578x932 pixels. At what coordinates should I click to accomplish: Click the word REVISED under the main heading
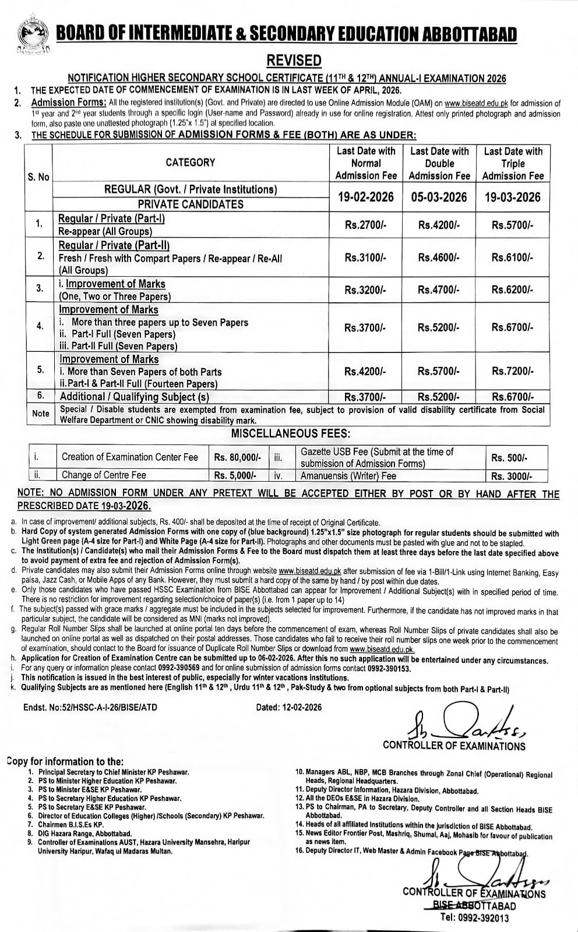pyautogui.click(x=294, y=61)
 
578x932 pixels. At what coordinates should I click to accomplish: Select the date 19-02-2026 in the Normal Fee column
pyautogui.click(x=366, y=197)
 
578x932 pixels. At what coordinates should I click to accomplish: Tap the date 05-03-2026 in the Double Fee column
pyautogui.click(x=439, y=197)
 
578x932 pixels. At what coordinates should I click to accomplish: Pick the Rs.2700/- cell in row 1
pyautogui.click(x=366, y=225)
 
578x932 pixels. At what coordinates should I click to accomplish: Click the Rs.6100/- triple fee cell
pyautogui.click(x=512, y=257)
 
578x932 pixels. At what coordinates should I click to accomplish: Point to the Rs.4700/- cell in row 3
pyautogui.click(x=439, y=290)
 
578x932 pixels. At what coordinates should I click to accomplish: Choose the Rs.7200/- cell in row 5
pyautogui.click(x=512, y=371)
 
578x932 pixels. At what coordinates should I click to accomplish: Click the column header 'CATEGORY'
pyautogui.click(x=190, y=163)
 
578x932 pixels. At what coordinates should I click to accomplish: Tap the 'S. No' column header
pyautogui.click(x=38, y=176)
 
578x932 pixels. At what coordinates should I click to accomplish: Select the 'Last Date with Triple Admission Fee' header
pyautogui.click(x=513, y=163)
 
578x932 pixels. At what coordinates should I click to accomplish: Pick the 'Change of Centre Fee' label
pyautogui.click(x=104, y=475)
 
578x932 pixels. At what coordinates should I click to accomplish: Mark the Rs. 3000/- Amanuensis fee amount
pyautogui.click(x=512, y=476)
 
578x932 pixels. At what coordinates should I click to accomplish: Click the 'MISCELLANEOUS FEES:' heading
pyautogui.click(x=283, y=433)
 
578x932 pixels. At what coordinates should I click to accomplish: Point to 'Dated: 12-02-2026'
pyautogui.click(x=288, y=707)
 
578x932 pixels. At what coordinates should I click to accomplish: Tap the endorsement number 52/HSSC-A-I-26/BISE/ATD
pyautogui.click(x=90, y=707)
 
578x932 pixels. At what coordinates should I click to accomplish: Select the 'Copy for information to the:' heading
pyautogui.click(x=65, y=761)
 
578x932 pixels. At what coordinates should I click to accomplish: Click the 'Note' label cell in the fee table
pyautogui.click(x=40, y=414)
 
